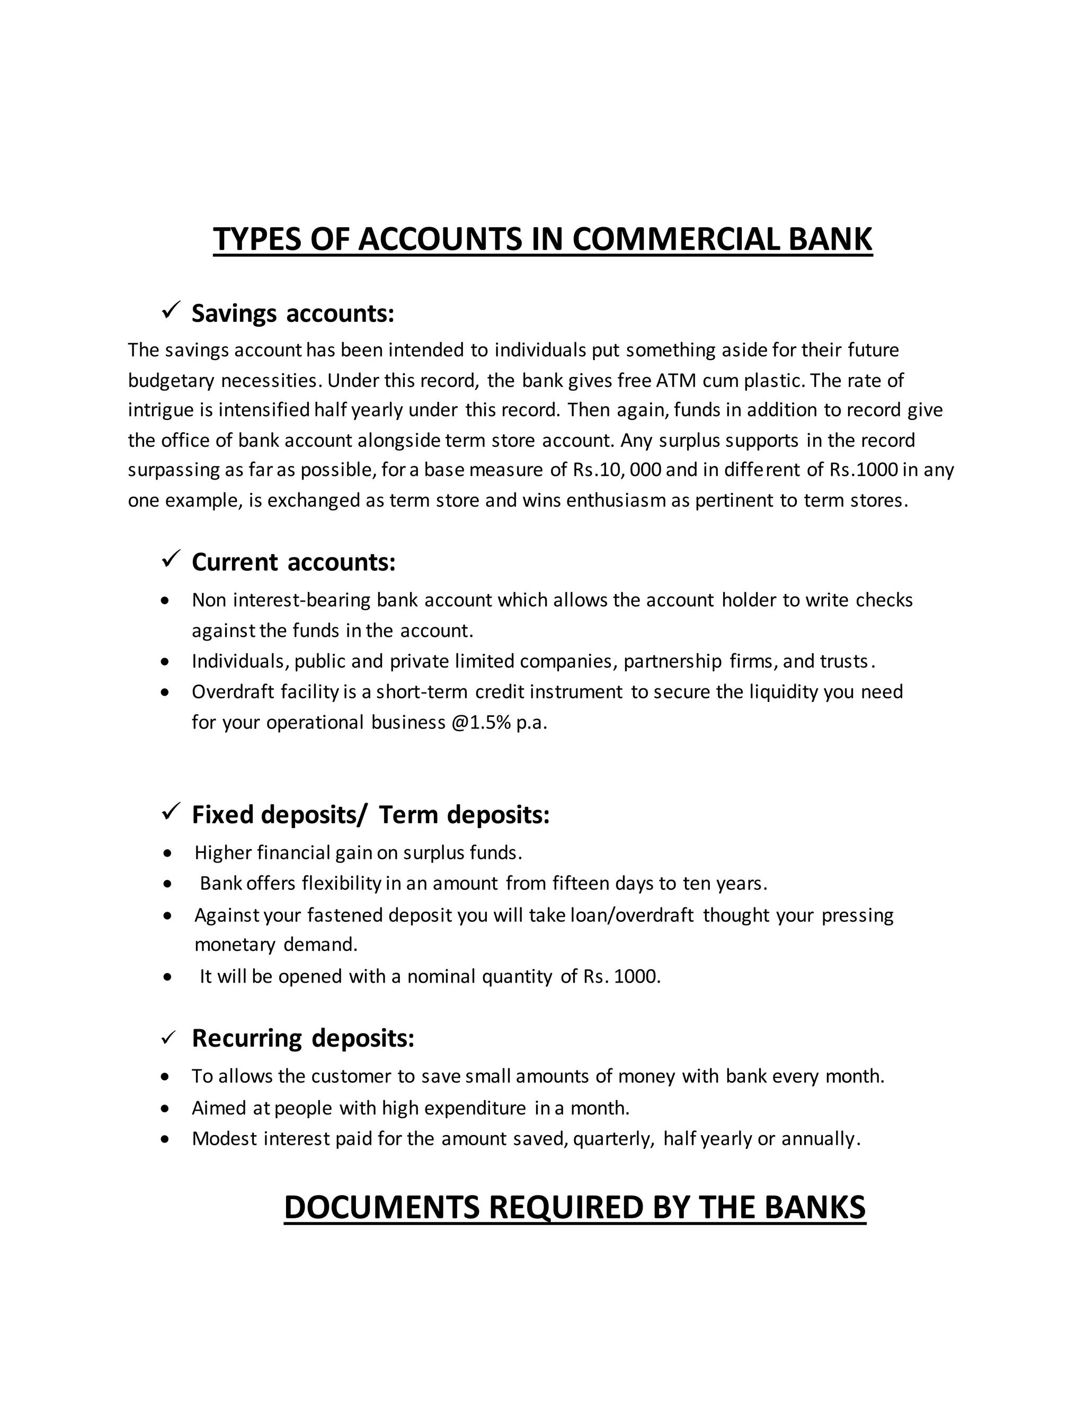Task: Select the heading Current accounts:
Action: click(x=293, y=562)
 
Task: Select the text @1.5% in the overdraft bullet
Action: click(x=481, y=723)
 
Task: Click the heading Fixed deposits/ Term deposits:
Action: click(x=370, y=815)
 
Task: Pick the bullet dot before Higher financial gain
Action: click(x=168, y=854)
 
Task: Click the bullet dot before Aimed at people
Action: click(x=166, y=1109)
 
